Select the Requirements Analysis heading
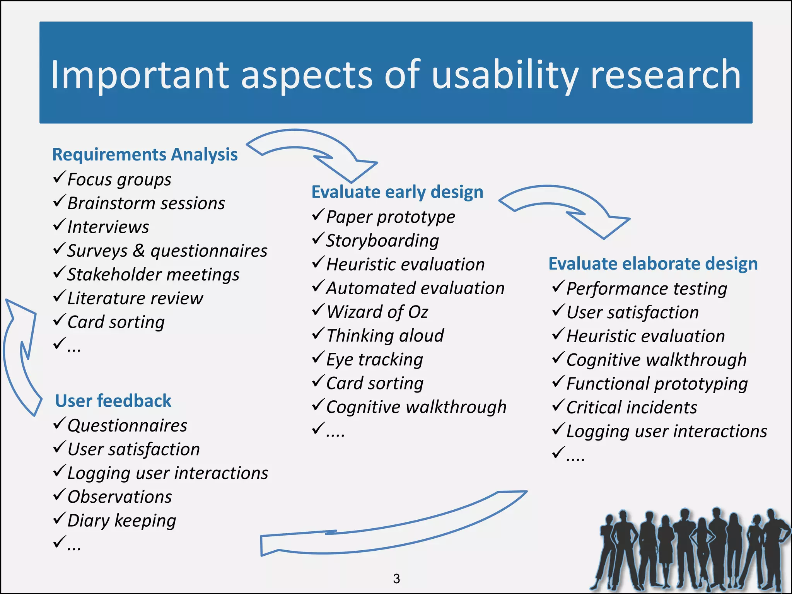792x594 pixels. point(145,154)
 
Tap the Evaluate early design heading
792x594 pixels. point(397,192)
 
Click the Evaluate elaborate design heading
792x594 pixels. point(653,264)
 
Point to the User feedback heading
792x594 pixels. point(113,401)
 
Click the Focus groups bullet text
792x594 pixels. point(119,179)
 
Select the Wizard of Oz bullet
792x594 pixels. point(377,312)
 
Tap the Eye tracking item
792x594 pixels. point(374,359)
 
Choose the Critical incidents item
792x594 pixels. point(632,407)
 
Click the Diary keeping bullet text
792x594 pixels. point(121,521)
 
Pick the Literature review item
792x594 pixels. point(135,298)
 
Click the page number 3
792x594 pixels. point(396,579)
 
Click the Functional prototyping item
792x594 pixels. point(657,384)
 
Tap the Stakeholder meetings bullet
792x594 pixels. point(153,275)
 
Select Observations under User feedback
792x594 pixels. point(119,497)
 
